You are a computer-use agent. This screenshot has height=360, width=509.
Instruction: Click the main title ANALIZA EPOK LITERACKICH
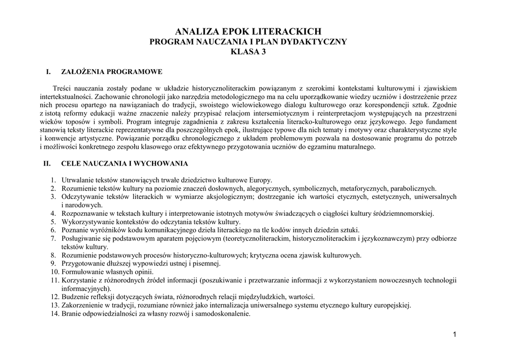point(248,32)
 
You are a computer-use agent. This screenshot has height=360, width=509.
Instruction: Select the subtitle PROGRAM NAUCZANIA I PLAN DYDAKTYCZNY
point(248,42)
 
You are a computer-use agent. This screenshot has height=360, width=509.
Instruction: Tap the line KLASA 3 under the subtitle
point(249,52)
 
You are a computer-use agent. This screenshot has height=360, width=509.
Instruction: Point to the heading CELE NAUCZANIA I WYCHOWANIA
point(124,163)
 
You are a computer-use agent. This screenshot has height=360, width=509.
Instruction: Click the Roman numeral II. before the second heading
point(47,163)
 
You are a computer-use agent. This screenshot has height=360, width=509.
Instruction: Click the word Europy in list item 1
point(261,180)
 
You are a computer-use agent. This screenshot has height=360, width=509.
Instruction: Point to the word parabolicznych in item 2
point(413,188)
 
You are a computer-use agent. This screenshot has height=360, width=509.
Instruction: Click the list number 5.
point(53,222)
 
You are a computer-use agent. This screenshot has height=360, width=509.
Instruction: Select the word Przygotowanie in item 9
point(82,264)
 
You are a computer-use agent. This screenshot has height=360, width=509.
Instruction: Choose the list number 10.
point(54,272)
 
